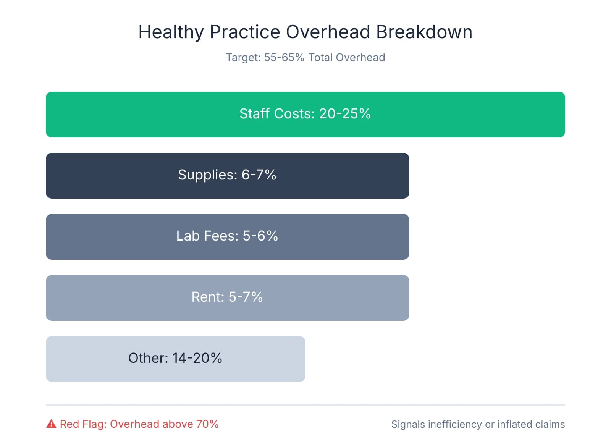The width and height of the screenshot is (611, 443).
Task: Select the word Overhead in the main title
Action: coord(328,32)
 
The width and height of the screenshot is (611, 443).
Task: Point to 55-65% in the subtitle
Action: coord(284,58)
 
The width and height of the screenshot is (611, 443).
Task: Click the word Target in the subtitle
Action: coord(242,58)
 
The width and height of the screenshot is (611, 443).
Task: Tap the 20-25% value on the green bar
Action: coord(345,114)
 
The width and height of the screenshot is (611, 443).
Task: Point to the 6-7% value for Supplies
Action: coord(259,175)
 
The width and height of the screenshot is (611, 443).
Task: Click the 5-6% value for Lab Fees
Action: coord(260,236)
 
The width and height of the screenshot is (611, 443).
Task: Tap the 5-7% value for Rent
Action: coord(246,297)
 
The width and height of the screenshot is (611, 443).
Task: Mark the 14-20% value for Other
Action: coord(197,358)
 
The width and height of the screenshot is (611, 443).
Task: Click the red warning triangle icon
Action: coord(51,424)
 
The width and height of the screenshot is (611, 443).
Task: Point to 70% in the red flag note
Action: coord(207,424)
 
